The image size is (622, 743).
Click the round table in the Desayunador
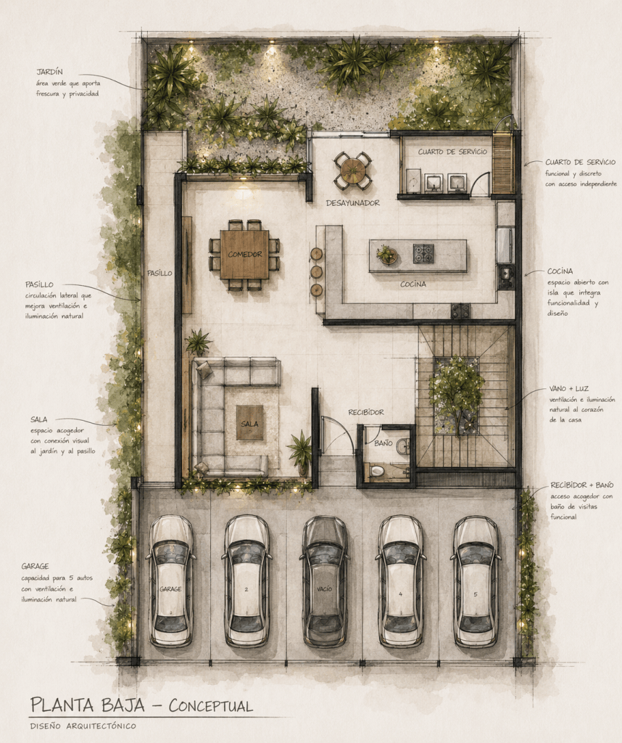click(352, 170)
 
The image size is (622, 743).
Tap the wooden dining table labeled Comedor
click(244, 255)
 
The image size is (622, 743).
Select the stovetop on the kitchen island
click(423, 253)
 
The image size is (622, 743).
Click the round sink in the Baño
click(403, 446)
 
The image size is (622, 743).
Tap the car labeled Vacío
click(325, 582)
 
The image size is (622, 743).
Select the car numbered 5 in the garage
click(476, 582)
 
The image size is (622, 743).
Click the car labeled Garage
click(171, 582)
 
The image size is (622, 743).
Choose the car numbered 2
click(246, 582)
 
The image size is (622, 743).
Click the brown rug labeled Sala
click(249, 423)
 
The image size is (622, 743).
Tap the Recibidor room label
click(366, 412)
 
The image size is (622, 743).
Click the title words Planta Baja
click(88, 705)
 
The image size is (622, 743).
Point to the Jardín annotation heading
click(50, 72)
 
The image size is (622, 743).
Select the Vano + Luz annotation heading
click(569, 389)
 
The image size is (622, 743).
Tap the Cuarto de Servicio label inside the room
click(452, 152)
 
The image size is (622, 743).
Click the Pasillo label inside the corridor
click(159, 274)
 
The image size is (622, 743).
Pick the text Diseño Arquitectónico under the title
click(83, 726)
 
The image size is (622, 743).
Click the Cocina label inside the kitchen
click(413, 284)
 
